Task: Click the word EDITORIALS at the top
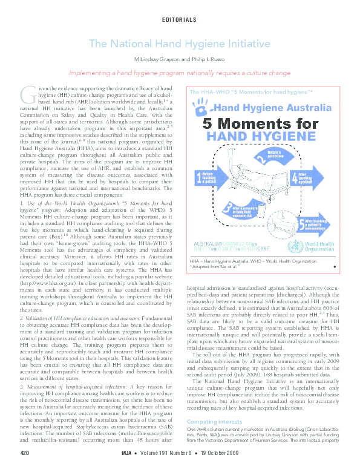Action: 179,20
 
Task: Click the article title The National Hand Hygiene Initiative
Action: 179,44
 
